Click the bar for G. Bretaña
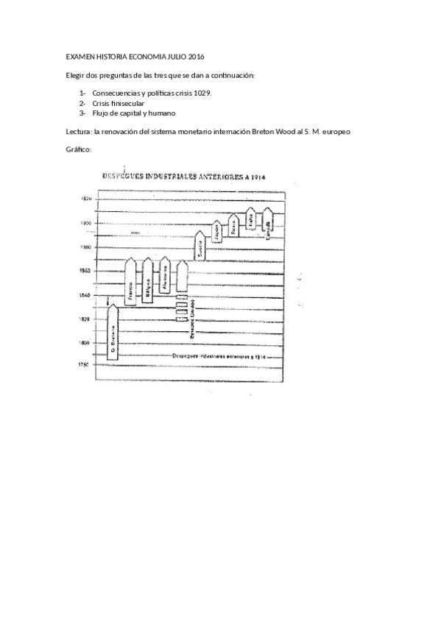(113, 331)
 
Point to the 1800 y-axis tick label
(85, 343)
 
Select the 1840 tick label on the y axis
(85, 295)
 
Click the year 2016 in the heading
(196, 57)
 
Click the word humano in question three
(162, 113)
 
